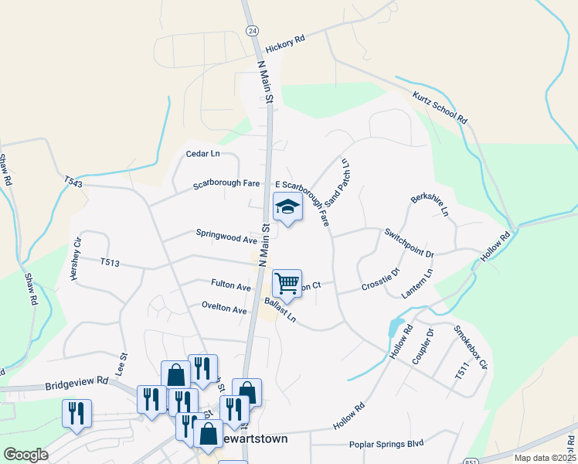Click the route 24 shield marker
coord(251,30)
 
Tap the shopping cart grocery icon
coord(287,284)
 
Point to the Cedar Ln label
coord(203,154)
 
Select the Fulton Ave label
coord(231,286)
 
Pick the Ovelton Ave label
coord(223,309)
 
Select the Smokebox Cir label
coord(471,350)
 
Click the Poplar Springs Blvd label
coord(386,443)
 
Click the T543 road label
coord(73,183)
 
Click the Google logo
coord(25,455)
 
